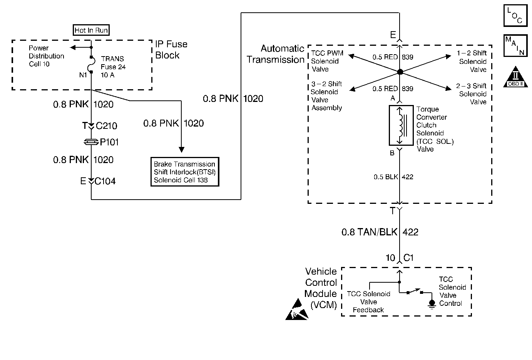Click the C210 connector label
[106, 126]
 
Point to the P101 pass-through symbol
[91, 142]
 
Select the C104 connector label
[105, 181]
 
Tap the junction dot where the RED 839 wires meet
[400, 72]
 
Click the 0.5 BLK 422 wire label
[393, 177]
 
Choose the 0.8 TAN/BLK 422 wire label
[380, 232]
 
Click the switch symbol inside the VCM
[415, 292]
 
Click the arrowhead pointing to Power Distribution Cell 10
[73, 47]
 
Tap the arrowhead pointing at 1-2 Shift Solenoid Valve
[448, 56]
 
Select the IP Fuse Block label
[171, 50]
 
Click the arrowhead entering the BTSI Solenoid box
[181, 150]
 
